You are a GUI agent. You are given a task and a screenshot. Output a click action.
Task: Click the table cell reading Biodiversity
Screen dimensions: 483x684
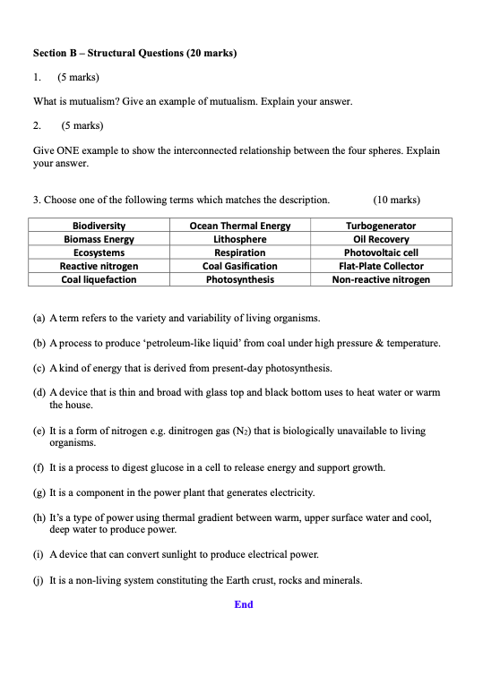tap(99, 226)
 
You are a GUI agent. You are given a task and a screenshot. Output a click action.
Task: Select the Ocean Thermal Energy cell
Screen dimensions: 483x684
tap(240, 226)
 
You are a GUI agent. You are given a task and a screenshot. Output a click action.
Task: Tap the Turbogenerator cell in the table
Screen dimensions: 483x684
tap(381, 226)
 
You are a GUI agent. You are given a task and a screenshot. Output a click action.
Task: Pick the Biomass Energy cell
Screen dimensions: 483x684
tap(99, 239)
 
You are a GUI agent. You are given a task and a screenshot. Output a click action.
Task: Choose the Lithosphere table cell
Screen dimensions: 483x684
tap(240, 239)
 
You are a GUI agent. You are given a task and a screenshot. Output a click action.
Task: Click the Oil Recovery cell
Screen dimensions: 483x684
tap(381, 239)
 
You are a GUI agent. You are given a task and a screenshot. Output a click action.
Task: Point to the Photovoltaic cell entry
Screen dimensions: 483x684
tap(381, 252)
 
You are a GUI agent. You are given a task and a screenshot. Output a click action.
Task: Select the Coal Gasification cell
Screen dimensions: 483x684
tap(240, 266)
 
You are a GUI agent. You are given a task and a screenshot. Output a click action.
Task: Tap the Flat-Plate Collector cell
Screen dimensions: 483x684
tap(381, 266)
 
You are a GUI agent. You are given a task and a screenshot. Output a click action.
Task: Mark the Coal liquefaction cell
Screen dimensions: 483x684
tap(99, 279)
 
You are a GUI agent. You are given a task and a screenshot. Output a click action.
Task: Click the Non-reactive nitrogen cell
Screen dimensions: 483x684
tap(381, 279)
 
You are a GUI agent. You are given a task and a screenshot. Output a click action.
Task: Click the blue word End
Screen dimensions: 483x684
tap(244, 604)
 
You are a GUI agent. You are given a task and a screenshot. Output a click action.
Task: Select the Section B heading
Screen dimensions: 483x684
tap(134, 54)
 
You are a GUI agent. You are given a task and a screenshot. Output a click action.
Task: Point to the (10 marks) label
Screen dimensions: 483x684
tap(396, 200)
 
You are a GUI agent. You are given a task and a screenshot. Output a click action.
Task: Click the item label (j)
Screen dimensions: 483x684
tap(39, 580)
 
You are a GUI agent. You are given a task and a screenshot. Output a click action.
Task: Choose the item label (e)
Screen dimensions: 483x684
tap(39, 431)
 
